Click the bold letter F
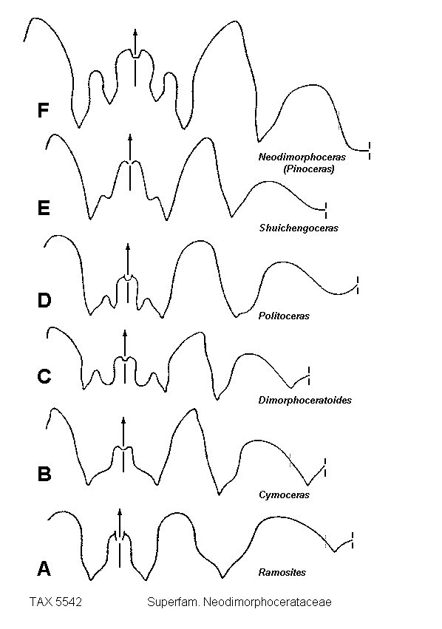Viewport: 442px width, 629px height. point(43,110)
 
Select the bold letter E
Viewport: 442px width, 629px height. point(44,208)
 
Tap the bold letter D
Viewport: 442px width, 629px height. point(44,300)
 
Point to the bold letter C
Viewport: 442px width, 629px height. point(44,376)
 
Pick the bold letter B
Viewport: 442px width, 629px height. point(44,474)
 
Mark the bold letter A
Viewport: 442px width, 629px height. point(44,568)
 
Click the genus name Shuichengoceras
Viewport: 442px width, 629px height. point(299,228)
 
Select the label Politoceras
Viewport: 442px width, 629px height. point(284,316)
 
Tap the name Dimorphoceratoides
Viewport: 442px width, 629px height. point(305,400)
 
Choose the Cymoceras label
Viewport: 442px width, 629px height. point(284,494)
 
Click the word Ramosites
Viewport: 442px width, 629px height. point(282,572)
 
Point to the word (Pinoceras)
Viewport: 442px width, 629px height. point(308,169)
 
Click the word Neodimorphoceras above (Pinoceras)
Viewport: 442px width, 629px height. point(302,157)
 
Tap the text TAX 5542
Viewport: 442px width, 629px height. point(55,602)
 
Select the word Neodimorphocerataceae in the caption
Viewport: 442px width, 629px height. point(267,602)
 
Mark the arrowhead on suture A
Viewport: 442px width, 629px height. point(119,512)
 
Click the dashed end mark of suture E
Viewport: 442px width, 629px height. point(326,210)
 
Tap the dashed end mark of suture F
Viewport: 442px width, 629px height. point(370,151)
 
